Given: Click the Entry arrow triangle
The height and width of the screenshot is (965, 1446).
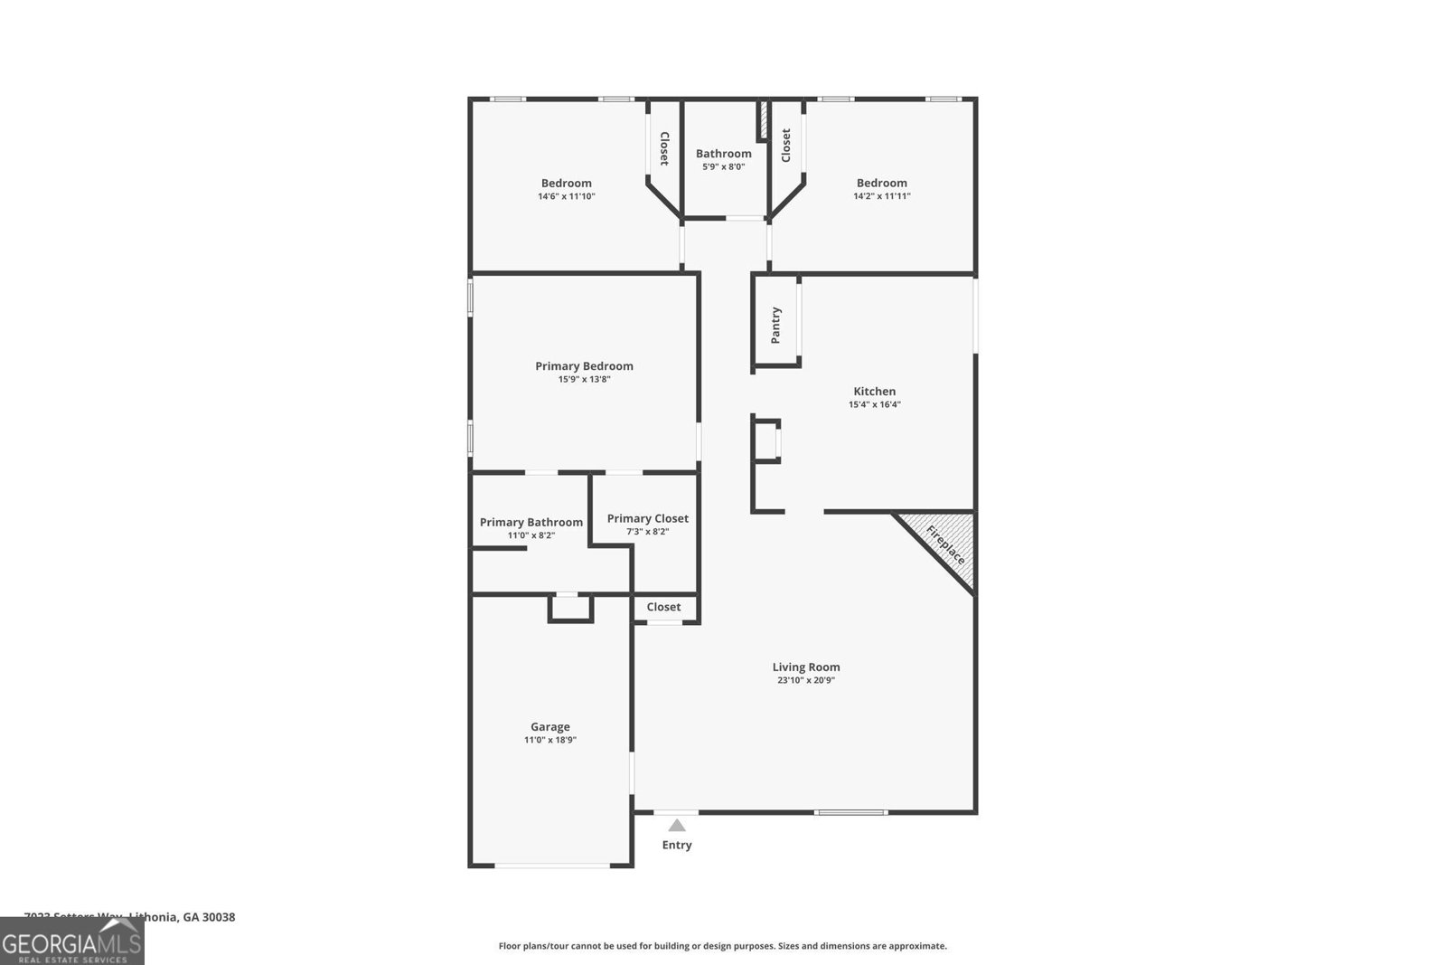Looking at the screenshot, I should coord(677,825).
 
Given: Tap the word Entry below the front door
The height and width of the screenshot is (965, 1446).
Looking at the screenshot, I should coord(677,845).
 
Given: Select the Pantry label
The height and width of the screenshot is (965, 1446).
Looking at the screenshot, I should coord(775,326).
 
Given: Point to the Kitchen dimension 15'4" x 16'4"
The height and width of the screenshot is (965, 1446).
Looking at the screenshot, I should coord(874,405).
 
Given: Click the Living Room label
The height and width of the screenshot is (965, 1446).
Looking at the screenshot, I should coord(806,667).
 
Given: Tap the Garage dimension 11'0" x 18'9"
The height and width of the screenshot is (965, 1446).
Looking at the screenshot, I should coord(550,740).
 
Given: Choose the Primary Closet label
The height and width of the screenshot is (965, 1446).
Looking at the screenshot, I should coord(647,518).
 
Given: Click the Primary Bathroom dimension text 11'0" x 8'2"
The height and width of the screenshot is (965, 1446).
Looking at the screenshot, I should coord(531,535).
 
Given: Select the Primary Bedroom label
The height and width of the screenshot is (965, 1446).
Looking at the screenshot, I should coord(584,366).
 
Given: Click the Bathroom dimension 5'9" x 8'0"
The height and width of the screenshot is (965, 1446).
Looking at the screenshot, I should coord(723,166).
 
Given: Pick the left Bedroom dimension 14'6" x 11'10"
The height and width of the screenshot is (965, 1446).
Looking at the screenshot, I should coord(567,196).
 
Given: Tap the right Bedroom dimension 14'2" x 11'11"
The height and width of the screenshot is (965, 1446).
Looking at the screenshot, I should coord(882,196).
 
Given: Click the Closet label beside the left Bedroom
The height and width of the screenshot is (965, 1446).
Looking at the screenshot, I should coord(664,148).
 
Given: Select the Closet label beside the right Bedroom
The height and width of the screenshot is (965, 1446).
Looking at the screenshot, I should coord(785,146).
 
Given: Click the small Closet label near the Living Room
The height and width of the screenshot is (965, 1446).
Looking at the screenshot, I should coord(663,607).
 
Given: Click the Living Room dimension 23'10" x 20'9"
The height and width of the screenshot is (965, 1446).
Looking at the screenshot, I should coord(806,681).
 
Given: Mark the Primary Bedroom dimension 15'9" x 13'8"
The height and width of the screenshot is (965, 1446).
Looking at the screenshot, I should coord(584,380).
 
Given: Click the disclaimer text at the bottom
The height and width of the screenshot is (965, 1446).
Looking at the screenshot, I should coord(723,946).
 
